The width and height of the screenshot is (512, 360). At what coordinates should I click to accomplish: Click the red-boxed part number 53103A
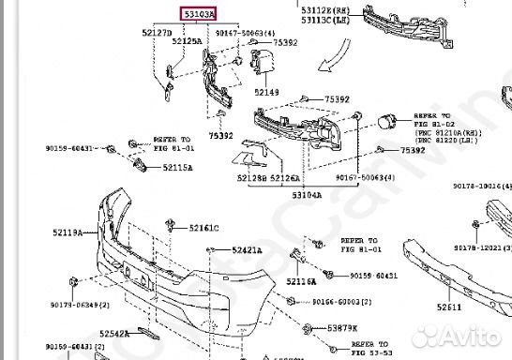click(198, 14)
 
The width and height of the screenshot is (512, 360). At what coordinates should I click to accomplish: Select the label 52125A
click(189, 42)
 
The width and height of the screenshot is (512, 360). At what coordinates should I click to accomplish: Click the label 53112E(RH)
click(326, 9)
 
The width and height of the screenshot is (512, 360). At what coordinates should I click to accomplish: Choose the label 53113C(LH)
click(326, 20)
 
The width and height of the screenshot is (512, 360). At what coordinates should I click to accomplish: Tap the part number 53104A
click(306, 195)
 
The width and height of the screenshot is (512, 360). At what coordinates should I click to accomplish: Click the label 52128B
click(250, 176)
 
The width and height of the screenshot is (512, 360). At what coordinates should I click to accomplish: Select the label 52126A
click(285, 176)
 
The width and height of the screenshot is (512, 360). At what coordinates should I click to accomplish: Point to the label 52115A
click(177, 168)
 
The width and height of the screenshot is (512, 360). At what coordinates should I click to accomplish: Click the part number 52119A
click(67, 232)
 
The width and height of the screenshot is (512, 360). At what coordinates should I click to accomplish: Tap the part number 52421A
click(248, 250)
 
